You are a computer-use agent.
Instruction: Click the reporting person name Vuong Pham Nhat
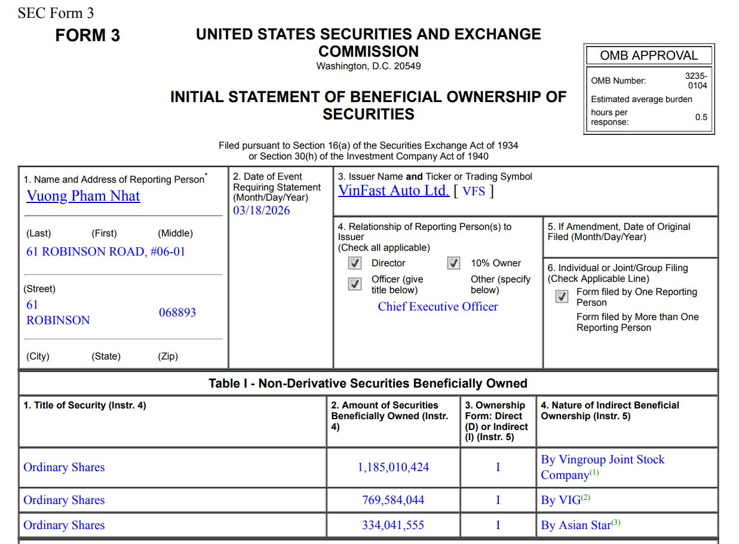tap(83, 196)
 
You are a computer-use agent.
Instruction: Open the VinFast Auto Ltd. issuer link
tap(393, 190)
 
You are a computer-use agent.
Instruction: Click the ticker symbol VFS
tap(474, 191)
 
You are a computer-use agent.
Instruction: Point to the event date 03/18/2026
tap(262, 210)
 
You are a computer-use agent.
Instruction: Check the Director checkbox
tap(355, 263)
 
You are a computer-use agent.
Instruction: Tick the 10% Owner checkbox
tap(454, 263)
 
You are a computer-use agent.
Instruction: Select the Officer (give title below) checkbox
tap(355, 284)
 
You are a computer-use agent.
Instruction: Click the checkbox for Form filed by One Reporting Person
tap(562, 297)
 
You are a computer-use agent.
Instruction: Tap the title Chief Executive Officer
tap(437, 306)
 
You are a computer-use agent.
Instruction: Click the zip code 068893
tap(177, 312)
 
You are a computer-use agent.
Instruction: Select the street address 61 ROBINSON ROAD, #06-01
tap(106, 251)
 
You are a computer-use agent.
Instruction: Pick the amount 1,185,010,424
tap(393, 467)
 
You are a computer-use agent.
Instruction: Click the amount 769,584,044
tap(393, 500)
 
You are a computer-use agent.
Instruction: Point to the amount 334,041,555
tap(393, 525)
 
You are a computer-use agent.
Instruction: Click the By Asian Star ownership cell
tap(580, 525)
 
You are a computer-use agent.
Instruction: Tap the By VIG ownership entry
tap(565, 500)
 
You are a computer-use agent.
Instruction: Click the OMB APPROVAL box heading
tap(649, 56)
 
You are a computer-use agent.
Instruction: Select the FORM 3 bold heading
tap(87, 36)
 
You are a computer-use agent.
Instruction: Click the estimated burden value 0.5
tap(701, 117)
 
